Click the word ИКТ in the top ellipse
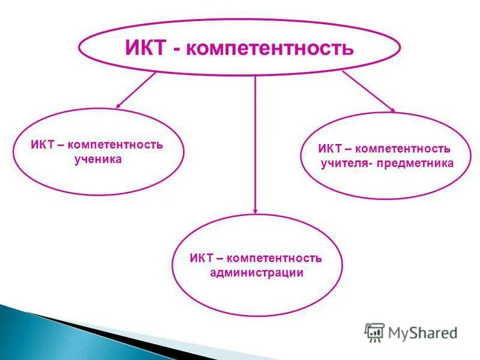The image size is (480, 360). [x=145, y=47]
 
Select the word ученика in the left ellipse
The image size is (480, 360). [x=98, y=158]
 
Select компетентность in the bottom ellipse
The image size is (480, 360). [x=275, y=258]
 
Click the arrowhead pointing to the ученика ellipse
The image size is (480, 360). [x=119, y=106]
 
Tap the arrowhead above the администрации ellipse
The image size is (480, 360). [x=256, y=210]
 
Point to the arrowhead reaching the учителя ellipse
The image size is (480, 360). [x=392, y=110]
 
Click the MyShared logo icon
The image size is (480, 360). [x=375, y=332]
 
